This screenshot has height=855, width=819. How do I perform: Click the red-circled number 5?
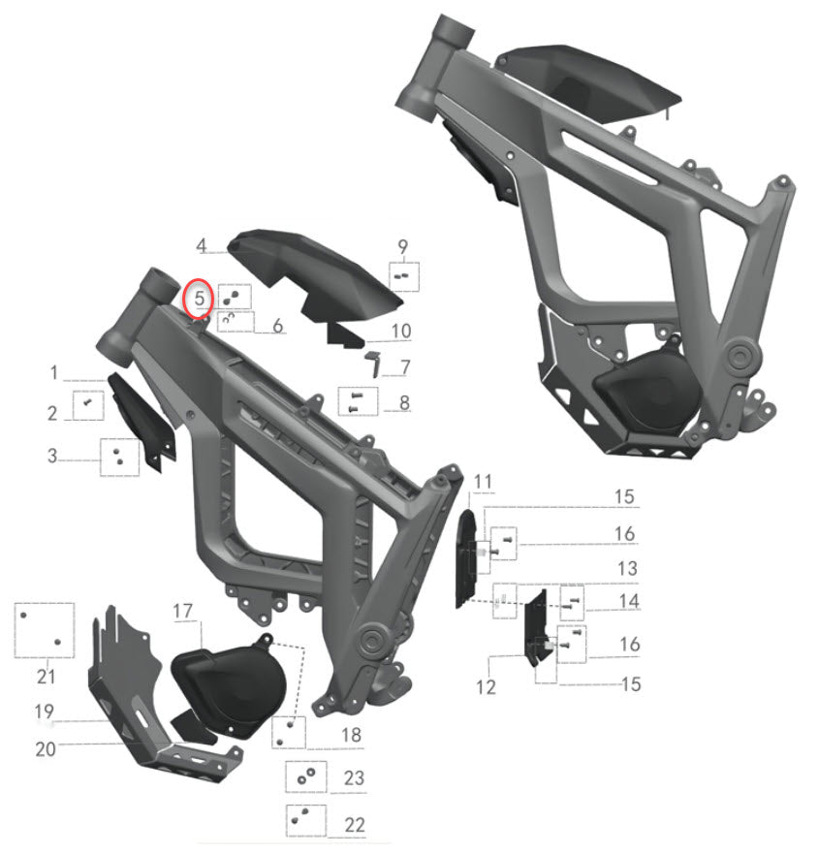tap(199, 299)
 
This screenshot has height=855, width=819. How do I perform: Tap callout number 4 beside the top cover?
tap(202, 246)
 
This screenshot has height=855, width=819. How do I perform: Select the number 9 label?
tap(403, 247)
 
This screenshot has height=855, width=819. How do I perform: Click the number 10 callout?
tap(401, 332)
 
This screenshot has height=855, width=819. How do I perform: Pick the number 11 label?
tap(484, 482)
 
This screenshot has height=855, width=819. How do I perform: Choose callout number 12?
tap(486, 686)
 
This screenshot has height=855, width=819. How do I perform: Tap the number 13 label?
tap(627, 567)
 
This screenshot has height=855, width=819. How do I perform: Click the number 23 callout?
tap(354, 778)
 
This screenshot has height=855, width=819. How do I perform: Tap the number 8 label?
tap(403, 400)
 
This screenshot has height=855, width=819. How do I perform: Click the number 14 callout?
tap(629, 601)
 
